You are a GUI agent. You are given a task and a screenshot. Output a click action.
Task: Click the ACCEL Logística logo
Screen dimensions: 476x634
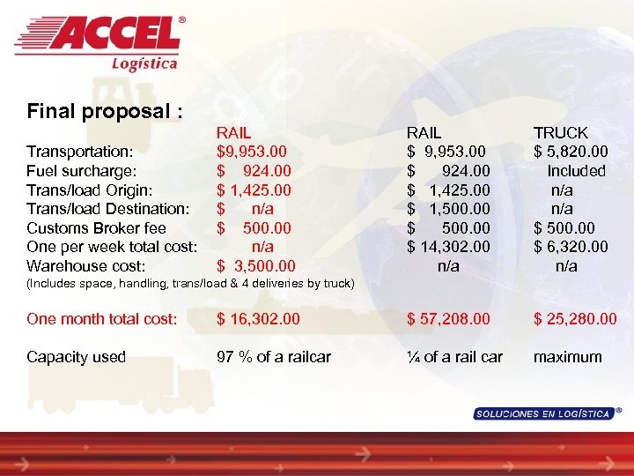[x=99, y=41]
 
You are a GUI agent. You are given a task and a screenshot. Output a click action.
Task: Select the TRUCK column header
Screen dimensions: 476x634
[x=560, y=133]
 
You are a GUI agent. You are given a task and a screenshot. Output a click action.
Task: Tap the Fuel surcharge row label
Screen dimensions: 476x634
[x=81, y=171]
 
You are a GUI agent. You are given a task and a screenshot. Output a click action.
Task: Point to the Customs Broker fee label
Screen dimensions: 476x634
[x=97, y=227]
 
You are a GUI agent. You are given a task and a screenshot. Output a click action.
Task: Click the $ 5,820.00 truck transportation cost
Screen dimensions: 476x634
[x=570, y=152]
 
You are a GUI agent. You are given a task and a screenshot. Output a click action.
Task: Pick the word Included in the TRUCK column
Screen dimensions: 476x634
[x=576, y=171]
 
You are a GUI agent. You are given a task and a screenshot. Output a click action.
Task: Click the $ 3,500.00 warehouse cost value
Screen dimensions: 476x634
[x=256, y=265]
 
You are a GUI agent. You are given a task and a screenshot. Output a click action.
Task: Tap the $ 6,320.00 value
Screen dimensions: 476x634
[x=570, y=247]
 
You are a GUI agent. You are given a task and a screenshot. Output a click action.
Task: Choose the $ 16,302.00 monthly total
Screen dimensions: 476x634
[x=259, y=318]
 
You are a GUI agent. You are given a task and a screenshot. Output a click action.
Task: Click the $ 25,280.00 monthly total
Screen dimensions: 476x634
[x=575, y=318]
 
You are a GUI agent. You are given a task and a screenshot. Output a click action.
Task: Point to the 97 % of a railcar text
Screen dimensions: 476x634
[x=274, y=357]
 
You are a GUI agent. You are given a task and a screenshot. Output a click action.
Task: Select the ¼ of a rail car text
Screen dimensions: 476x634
[x=454, y=357]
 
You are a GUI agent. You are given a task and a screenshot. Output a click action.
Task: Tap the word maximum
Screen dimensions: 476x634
[x=568, y=357]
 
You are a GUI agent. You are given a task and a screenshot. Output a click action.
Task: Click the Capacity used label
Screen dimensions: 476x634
[x=76, y=357]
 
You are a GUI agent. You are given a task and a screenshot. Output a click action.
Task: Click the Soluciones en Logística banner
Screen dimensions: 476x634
[x=542, y=413]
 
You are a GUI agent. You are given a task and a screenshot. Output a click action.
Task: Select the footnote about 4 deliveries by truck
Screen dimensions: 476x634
[x=190, y=284]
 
